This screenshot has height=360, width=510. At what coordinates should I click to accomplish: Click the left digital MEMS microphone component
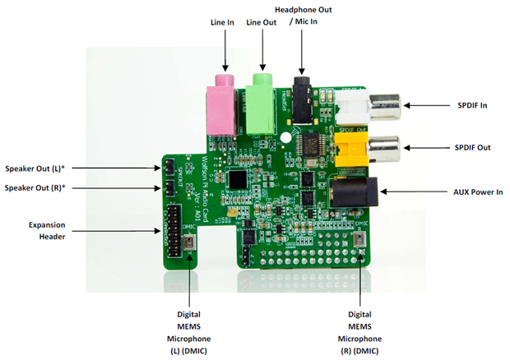190,243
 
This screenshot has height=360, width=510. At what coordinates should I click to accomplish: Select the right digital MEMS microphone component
363,240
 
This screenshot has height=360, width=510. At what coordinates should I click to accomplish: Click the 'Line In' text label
224,24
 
